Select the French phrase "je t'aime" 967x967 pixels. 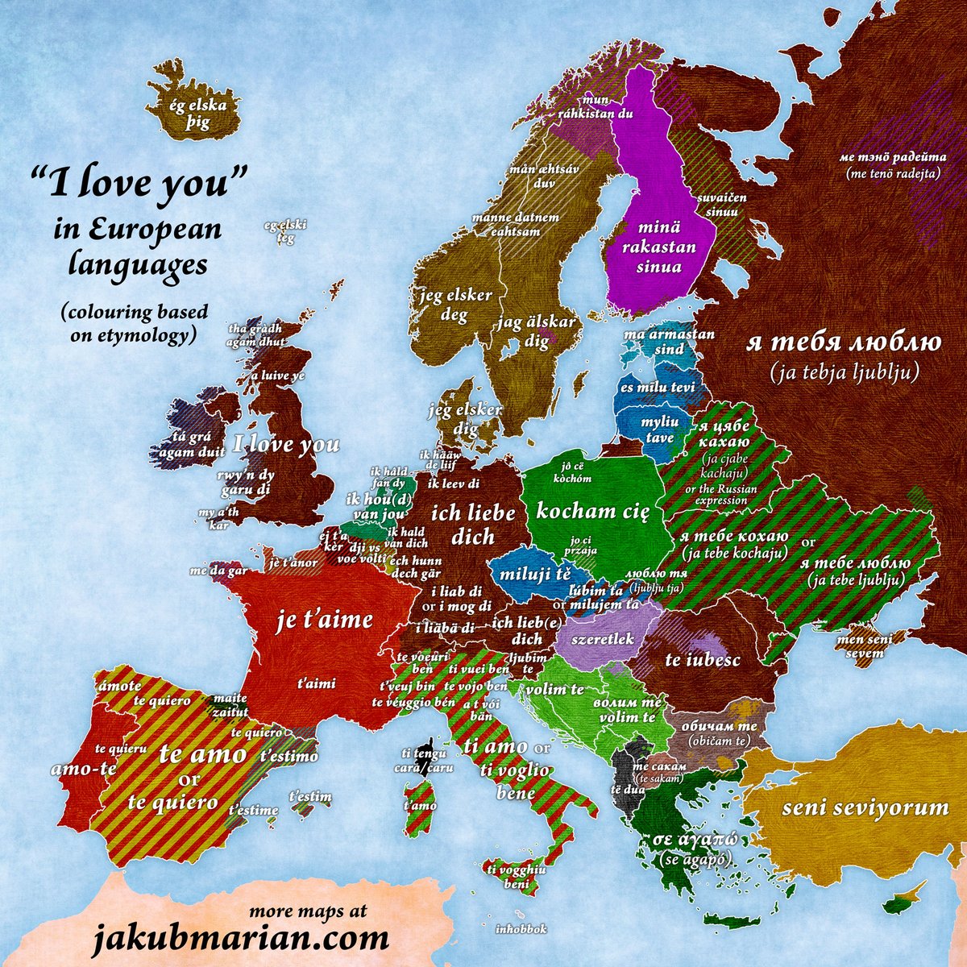point(325,620)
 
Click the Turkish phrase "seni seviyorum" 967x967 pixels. point(865,807)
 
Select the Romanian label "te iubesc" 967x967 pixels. point(702,660)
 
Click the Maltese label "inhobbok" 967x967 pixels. point(522,929)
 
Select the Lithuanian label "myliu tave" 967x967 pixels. point(659,430)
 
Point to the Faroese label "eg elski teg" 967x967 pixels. point(280,231)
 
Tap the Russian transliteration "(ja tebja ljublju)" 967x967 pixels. point(844,374)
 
